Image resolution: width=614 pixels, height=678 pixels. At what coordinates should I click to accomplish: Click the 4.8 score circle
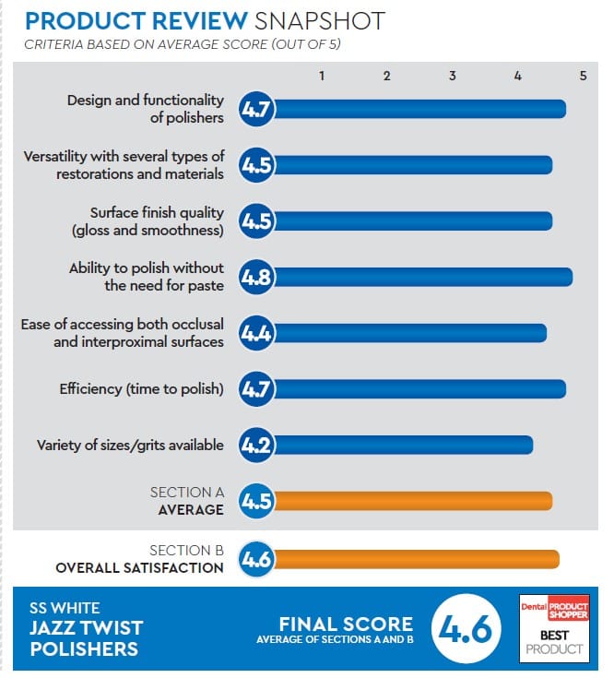click(255, 277)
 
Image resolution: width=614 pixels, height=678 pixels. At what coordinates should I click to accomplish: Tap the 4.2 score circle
click(255, 445)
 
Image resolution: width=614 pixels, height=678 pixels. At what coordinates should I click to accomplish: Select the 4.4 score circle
click(255, 333)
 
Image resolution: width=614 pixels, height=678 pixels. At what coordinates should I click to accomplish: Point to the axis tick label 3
click(453, 76)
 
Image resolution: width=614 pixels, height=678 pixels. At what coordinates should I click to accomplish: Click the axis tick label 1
click(322, 76)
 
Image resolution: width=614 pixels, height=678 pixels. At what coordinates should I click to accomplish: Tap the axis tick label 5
click(583, 76)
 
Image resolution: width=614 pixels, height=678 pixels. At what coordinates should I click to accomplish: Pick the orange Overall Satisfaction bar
click(415, 559)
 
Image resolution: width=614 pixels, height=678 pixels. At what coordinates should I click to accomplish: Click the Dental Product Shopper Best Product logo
click(553, 627)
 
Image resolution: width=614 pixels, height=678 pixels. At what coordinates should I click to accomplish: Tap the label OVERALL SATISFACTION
click(139, 567)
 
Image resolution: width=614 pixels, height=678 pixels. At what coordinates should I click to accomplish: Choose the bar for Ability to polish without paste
click(421, 277)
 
